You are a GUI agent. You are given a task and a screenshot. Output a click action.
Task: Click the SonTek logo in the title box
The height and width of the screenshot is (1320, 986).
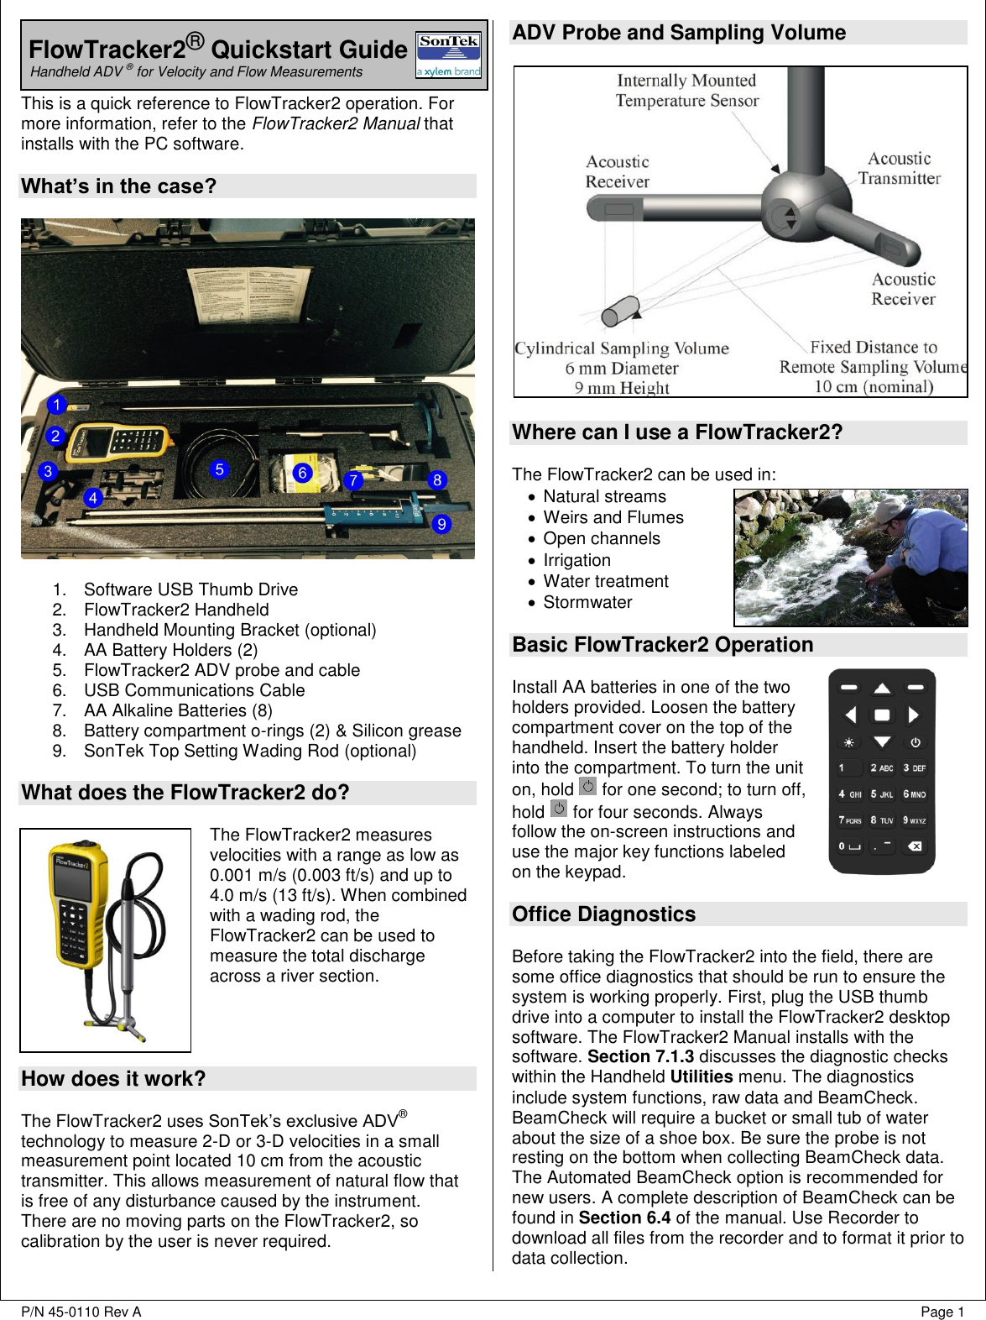pos(448,55)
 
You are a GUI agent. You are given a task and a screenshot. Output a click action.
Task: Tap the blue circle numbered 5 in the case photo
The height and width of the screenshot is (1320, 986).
pos(220,469)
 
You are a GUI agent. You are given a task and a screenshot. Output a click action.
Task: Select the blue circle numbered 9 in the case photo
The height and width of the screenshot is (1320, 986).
pos(441,524)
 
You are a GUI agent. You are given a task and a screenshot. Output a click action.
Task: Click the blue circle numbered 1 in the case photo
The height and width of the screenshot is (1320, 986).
pos(56,405)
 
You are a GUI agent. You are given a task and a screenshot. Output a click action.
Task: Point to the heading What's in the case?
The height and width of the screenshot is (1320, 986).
pos(119,186)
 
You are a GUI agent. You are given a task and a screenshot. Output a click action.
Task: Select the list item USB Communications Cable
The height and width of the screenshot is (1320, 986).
pos(194,690)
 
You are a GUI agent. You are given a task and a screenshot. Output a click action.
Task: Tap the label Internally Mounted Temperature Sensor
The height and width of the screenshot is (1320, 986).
pos(686,91)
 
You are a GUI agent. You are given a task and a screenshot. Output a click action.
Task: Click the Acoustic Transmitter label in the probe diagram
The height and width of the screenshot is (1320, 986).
pos(899,168)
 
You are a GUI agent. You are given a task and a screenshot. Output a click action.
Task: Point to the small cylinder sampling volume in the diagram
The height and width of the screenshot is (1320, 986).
pos(621,312)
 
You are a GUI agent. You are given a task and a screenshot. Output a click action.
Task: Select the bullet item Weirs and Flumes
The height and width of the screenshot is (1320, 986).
pos(613,517)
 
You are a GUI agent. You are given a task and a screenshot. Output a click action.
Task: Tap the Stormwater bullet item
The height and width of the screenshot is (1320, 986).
pos(587,602)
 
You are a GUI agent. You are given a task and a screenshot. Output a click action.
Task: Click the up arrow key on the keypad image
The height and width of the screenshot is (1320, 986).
pos(882,689)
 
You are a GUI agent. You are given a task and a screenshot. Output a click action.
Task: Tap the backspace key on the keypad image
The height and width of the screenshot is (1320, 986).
pos(915,846)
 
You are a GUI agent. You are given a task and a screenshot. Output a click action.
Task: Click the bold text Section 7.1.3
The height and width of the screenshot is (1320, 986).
pos(640,1056)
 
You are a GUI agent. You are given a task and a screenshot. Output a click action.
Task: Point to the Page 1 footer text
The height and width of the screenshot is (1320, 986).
pos(942,1312)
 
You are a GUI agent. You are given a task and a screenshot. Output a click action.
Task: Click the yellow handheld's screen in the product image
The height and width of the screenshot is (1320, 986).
pos(73,887)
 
